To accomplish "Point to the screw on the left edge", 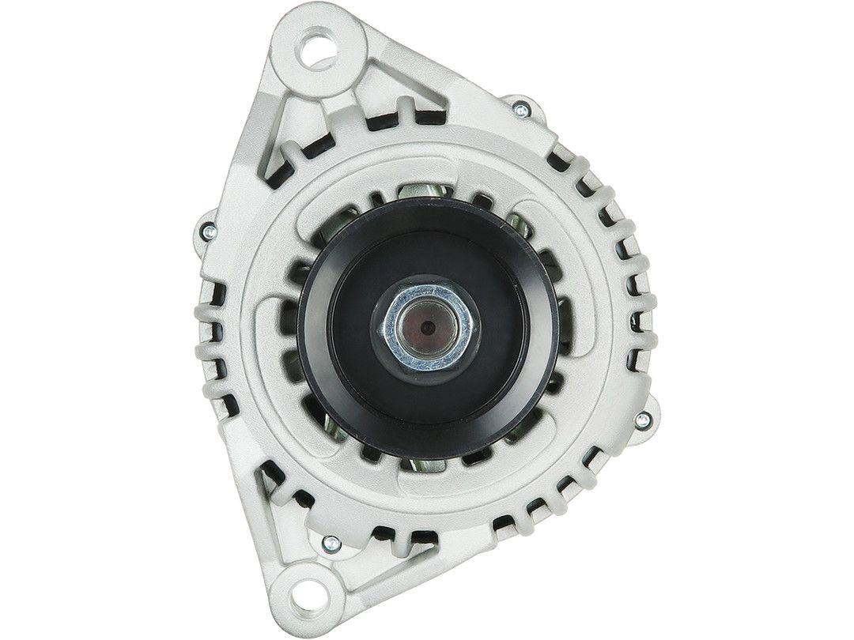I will [209, 231].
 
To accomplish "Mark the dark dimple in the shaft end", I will [426, 323].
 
